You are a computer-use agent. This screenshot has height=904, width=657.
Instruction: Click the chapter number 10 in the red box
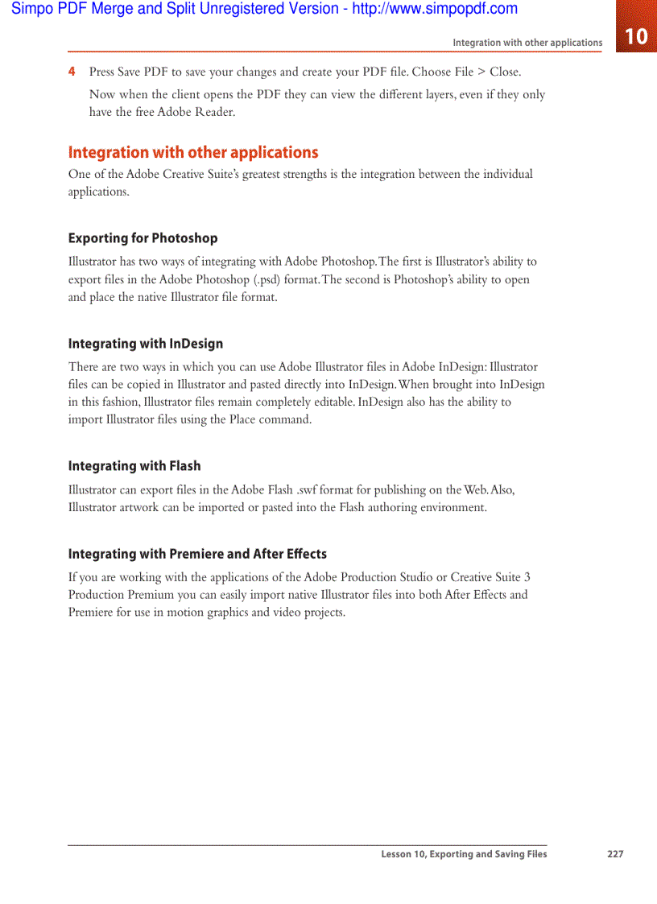pyautogui.click(x=636, y=36)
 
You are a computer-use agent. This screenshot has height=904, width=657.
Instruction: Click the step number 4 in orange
pyautogui.click(x=72, y=72)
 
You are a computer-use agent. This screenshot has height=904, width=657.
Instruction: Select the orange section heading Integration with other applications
pyautogui.click(x=192, y=152)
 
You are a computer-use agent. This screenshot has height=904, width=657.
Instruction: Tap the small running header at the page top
pyautogui.click(x=527, y=43)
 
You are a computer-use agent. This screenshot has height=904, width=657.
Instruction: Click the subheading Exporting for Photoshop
pyautogui.click(x=143, y=238)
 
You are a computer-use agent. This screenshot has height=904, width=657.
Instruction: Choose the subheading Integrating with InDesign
pyautogui.click(x=146, y=344)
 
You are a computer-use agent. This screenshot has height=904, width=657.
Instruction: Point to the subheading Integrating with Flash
pyautogui.click(x=134, y=466)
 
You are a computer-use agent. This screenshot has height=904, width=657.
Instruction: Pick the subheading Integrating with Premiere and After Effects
pyautogui.click(x=197, y=554)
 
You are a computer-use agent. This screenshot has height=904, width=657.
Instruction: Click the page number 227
pyautogui.click(x=615, y=854)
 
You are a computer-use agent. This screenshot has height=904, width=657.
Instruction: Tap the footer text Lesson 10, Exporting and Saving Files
pyautogui.click(x=464, y=854)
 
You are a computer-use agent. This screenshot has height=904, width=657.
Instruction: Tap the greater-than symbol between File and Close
pyautogui.click(x=481, y=72)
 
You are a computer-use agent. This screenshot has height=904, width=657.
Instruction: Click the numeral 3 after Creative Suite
pyautogui.click(x=527, y=577)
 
